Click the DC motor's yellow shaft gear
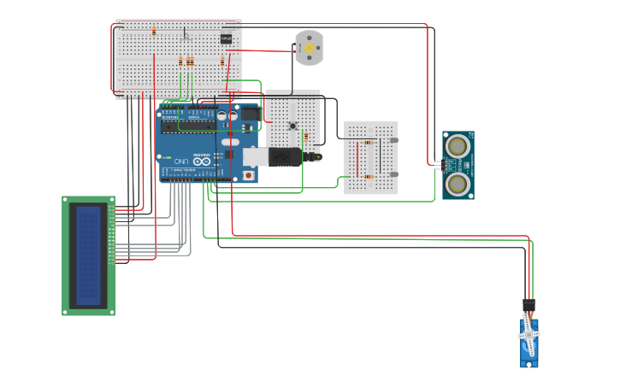[310, 49]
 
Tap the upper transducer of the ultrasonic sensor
[458, 146]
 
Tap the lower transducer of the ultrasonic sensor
[458, 183]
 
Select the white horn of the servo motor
[528, 336]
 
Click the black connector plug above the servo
[528, 306]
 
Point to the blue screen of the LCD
[88, 255]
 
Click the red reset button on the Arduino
[249, 175]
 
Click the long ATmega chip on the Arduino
[196, 125]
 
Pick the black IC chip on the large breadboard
[226, 38]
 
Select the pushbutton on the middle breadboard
[292, 126]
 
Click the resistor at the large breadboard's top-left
[154, 32]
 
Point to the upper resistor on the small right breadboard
[369, 142]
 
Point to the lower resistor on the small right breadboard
[369, 177]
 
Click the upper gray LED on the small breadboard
[393, 140]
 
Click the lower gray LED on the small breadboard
[393, 174]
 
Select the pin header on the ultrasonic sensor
[439, 164]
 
